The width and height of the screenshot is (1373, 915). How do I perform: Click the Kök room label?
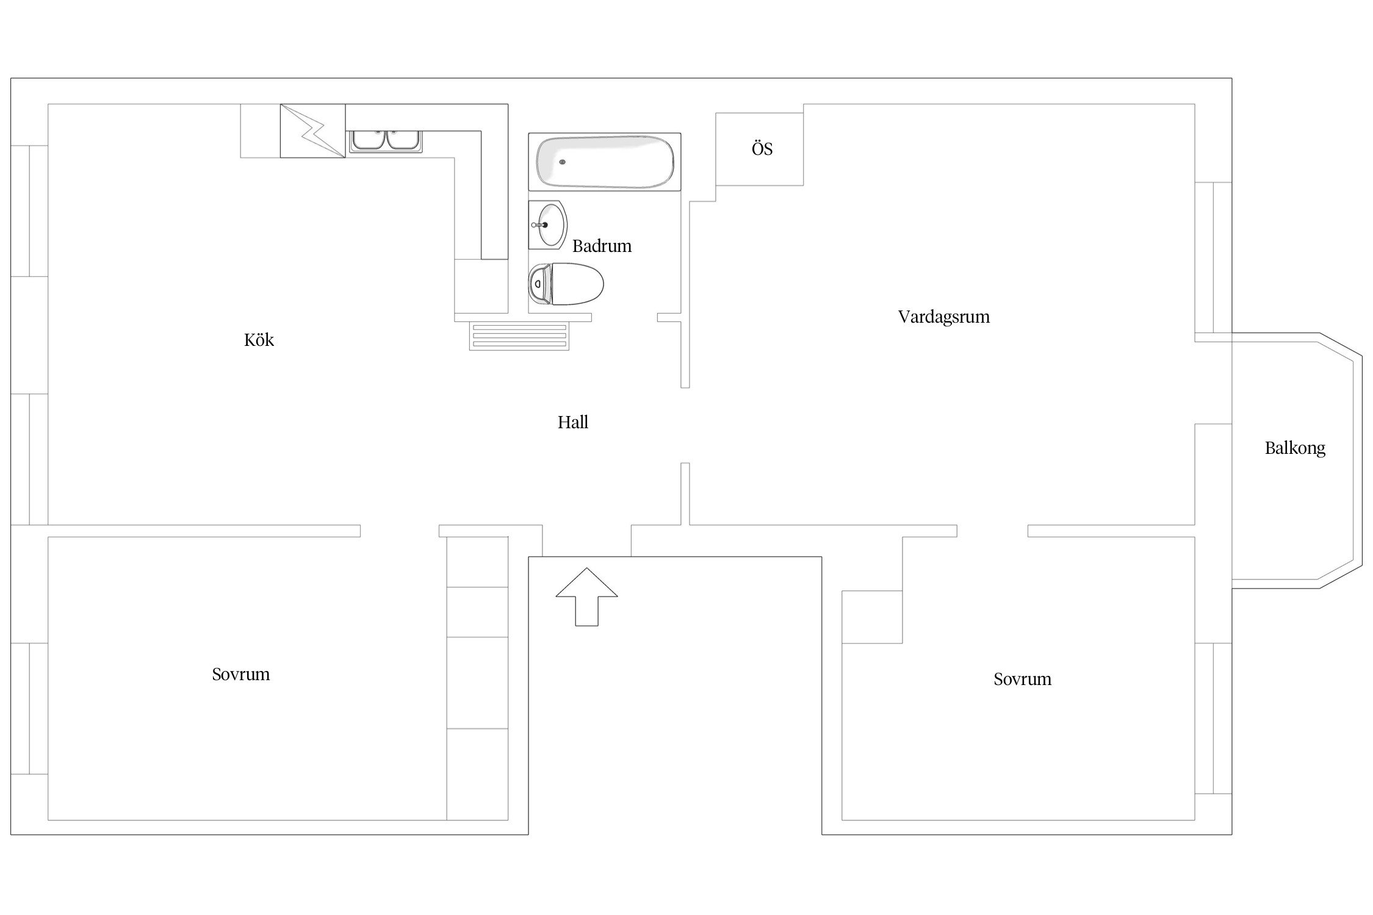pyautogui.click(x=259, y=340)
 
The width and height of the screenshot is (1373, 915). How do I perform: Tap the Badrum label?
pyautogui.click(x=602, y=246)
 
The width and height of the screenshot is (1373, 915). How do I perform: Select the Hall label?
pyautogui.click(x=572, y=422)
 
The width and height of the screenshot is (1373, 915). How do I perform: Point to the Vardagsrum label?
pyautogui.click(x=943, y=317)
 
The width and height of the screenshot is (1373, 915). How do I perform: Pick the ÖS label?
pyautogui.click(x=762, y=148)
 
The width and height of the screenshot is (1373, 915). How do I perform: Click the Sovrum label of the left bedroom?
pyautogui.click(x=240, y=674)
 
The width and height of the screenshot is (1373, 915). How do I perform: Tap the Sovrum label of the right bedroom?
pyautogui.click(x=1022, y=679)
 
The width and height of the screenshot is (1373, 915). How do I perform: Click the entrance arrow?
pyautogui.click(x=586, y=597)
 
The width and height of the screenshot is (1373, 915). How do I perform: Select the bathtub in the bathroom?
pyautogui.click(x=605, y=162)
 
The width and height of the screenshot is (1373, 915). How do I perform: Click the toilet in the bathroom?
pyautogui.click(x=566, y=284)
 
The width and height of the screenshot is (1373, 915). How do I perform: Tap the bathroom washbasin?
pyautogui.click(x=547, y=225)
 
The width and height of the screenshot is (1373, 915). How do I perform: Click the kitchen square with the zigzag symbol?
pyautogui.click(x=312, y=131)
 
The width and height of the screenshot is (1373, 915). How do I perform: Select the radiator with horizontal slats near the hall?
pyautogui.click(x=519, y=336)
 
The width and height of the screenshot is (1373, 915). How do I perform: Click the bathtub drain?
pyautogui.click(x=562, y=162)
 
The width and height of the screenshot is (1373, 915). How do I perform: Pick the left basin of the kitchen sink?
pyautogui.click(x=368, y=140)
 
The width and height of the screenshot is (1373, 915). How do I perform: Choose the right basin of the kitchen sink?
pyautogui.click(x=402, y=140)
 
